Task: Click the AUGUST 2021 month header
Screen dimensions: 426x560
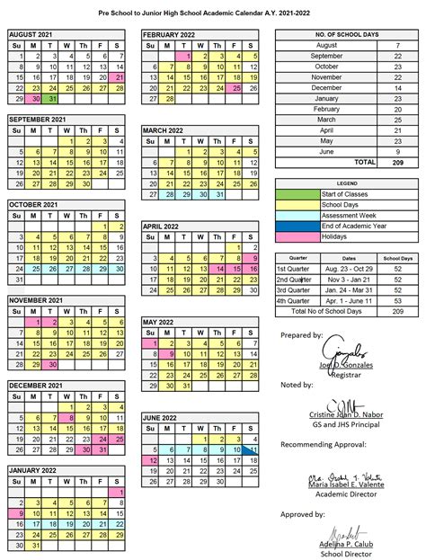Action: (x=31, y=33)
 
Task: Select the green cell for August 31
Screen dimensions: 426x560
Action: (x=55, y=100)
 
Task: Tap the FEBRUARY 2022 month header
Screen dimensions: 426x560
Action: (x=169, y=33)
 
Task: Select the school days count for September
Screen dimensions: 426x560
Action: (x=397, y=55)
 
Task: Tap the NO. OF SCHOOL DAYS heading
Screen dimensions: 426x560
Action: (x=344, y=33)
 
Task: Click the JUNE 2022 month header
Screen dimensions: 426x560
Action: (x=163, y=418)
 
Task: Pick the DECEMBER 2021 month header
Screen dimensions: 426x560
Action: (x=36, y=386)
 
